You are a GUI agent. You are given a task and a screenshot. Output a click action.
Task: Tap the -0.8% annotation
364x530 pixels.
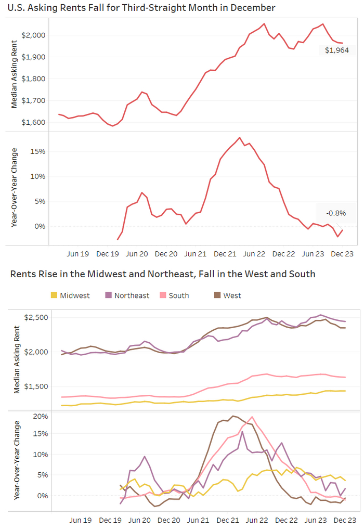336,213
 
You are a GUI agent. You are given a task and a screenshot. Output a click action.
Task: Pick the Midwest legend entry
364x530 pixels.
70,295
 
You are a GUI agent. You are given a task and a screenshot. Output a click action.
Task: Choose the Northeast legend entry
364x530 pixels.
127,295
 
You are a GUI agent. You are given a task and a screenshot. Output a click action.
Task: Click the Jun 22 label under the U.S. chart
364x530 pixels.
254,254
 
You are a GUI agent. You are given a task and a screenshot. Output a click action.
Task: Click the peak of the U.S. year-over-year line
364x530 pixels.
239,138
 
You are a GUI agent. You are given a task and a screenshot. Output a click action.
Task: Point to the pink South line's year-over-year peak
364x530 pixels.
252,417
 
